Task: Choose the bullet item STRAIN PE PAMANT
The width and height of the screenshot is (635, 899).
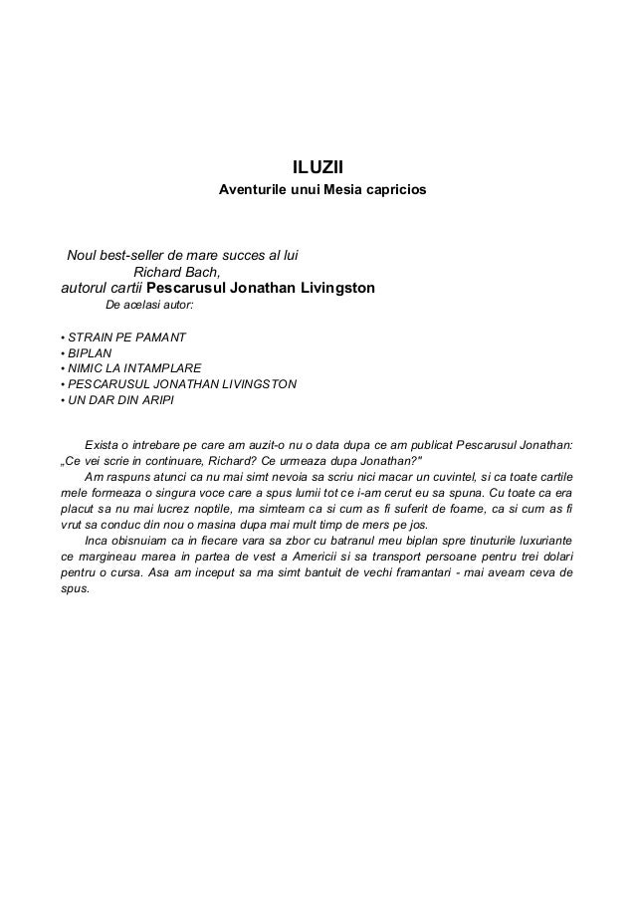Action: point(126,337)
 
